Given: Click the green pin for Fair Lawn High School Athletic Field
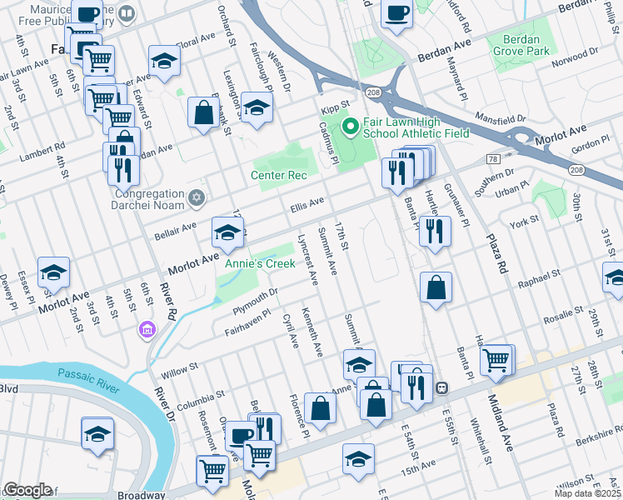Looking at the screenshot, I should point(351,127).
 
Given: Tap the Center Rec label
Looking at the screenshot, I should point(278,175).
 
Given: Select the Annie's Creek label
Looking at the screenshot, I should point(260,264).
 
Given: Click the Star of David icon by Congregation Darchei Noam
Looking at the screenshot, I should point(197,197).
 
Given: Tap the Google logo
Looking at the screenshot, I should point(27,490).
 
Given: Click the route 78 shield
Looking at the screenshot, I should point(493,158).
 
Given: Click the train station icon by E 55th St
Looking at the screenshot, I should point(444,387).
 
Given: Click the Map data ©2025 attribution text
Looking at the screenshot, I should point(588,493).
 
